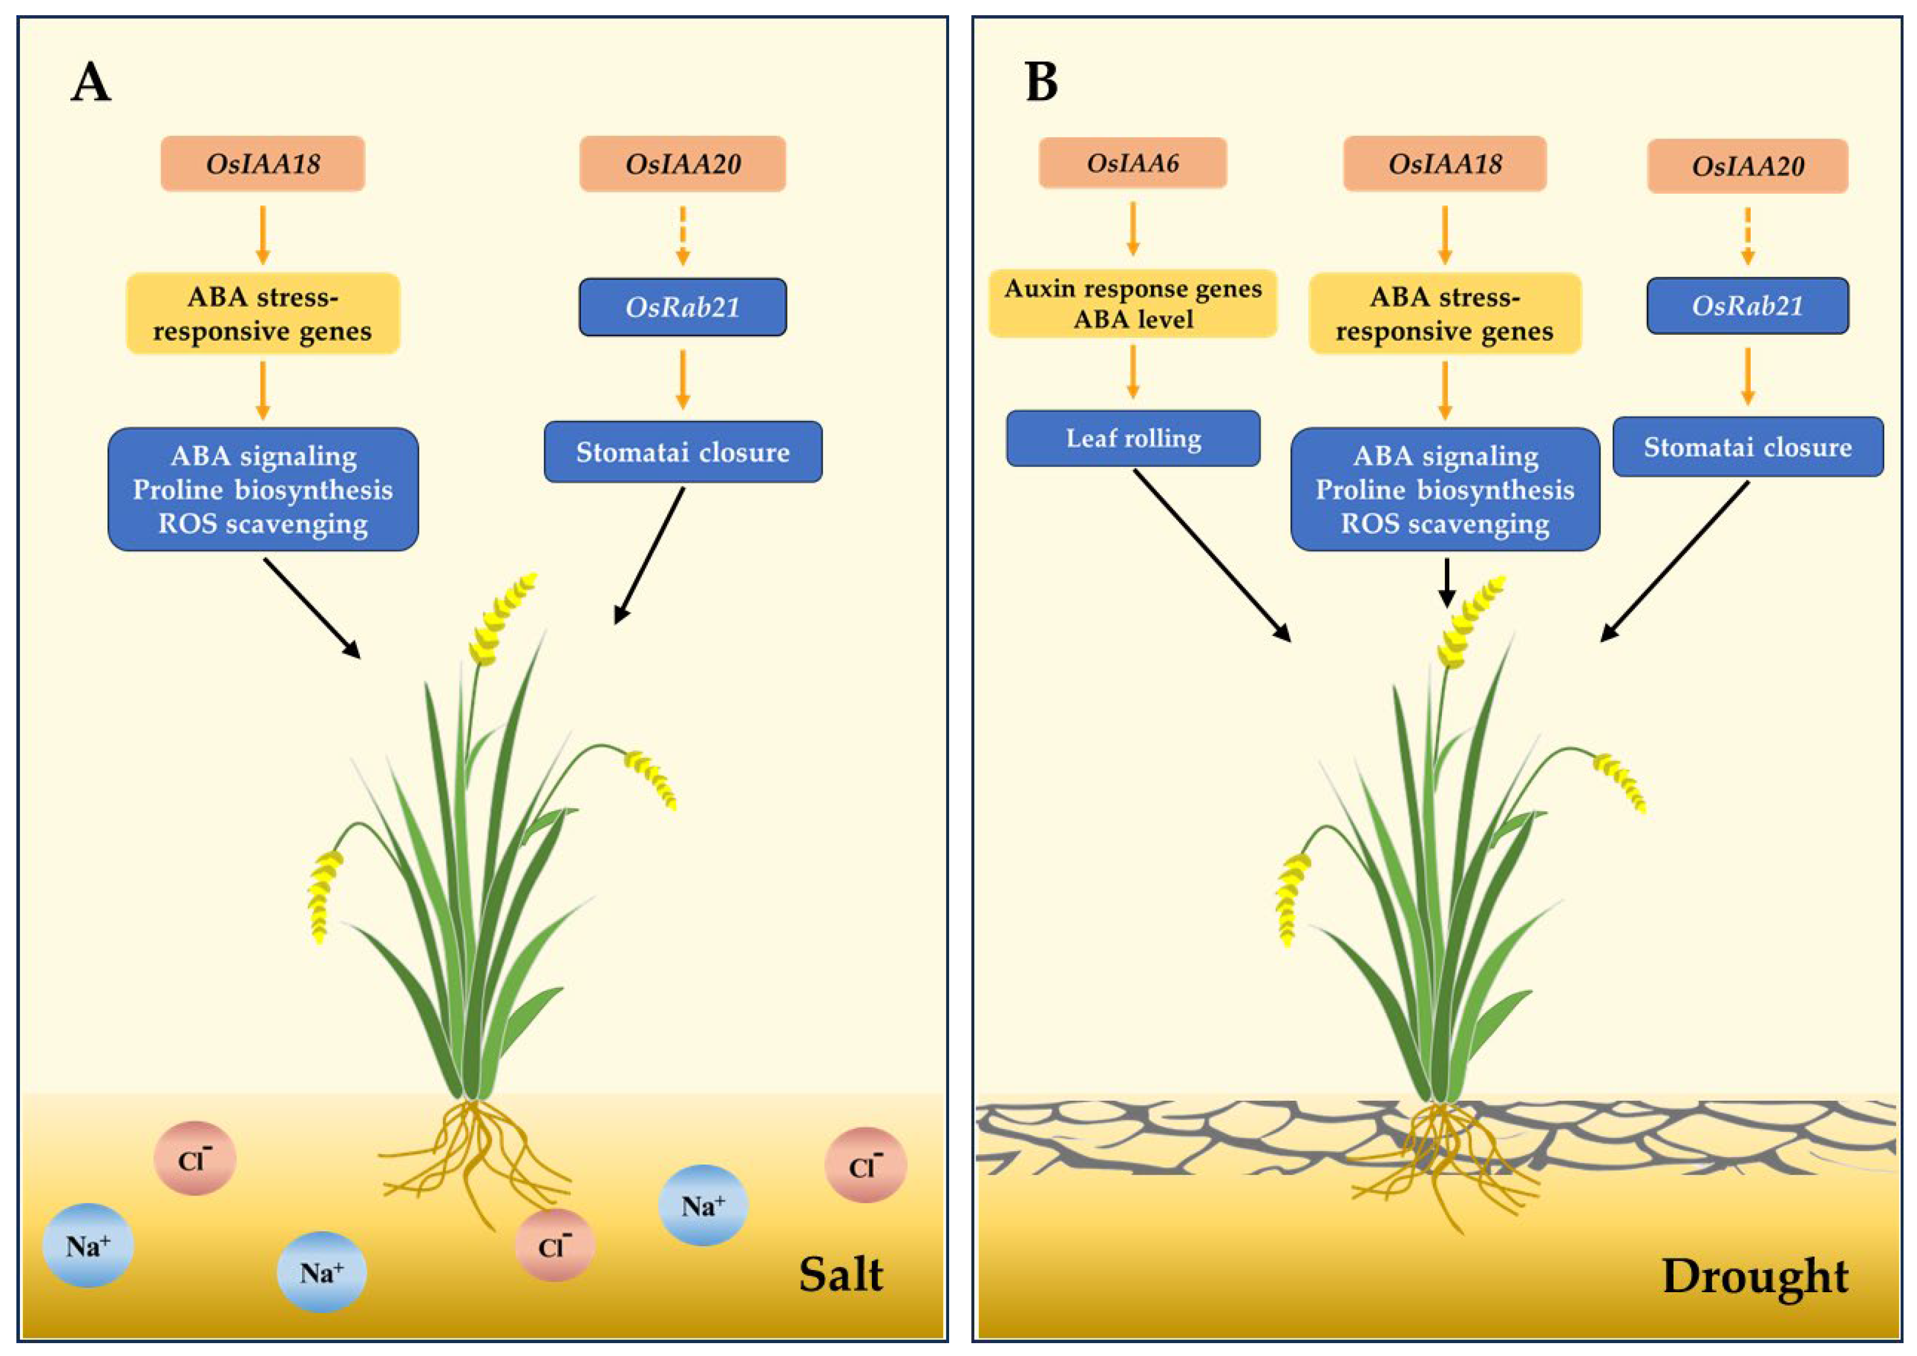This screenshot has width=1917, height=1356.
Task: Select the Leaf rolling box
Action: pyautogui.click(x=1132, y=438)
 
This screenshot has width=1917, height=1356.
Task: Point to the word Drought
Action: pyautogui.click(x=1754, y=1276)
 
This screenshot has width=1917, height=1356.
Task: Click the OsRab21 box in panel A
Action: pyautogui.click(x=682, y=307)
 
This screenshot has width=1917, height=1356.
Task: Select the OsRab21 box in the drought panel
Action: pyautogui.click(x=1747, y=305)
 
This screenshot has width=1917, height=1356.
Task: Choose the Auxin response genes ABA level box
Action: pyautogui.click(x=1132, y=304)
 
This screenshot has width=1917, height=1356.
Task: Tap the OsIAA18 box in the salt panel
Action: pyautogui.click(x=263, y=164)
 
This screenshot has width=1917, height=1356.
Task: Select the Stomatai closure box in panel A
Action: pyautogui.click(x=682, y=452)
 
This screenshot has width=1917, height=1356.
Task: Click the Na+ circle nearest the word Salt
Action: pyautogui.click(x=702, y=1205)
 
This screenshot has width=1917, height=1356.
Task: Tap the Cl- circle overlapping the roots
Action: pyautogui.click(x=554, y=1245)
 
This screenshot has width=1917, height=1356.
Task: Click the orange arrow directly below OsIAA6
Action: pyautogui.click(x=1132, y=228)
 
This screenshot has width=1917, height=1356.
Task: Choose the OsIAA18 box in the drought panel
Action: pyautogui.click(x=1444, y=164)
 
